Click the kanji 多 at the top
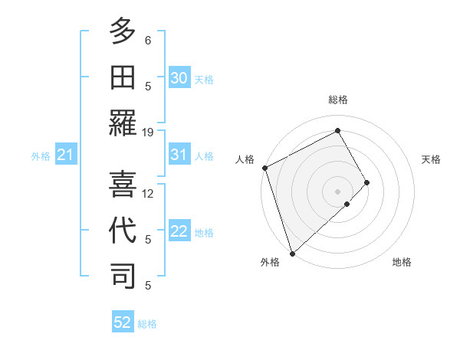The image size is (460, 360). (123, 32)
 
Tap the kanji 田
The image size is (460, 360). (123, 77)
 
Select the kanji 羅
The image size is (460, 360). (123, 123)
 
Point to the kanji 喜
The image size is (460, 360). (123, 184)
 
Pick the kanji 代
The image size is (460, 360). (123, 230)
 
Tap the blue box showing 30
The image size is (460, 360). (179, 77)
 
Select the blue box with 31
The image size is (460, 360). (179, 155)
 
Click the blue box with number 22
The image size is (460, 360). (179, 232)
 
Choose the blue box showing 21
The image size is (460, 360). (66, 155)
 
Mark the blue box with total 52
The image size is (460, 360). (123, 322)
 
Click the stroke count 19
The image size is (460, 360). (148, 132)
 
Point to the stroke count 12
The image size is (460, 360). (148, 194)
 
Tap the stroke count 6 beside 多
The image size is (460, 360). (148, 40)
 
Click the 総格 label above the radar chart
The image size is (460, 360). (338, 100)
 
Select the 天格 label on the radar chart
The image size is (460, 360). (432, 159)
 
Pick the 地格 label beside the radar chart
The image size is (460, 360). (402, 263)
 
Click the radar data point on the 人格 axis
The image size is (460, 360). (264, 168)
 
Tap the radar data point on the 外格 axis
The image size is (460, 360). (292, 252)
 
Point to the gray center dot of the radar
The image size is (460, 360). (337, 191)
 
